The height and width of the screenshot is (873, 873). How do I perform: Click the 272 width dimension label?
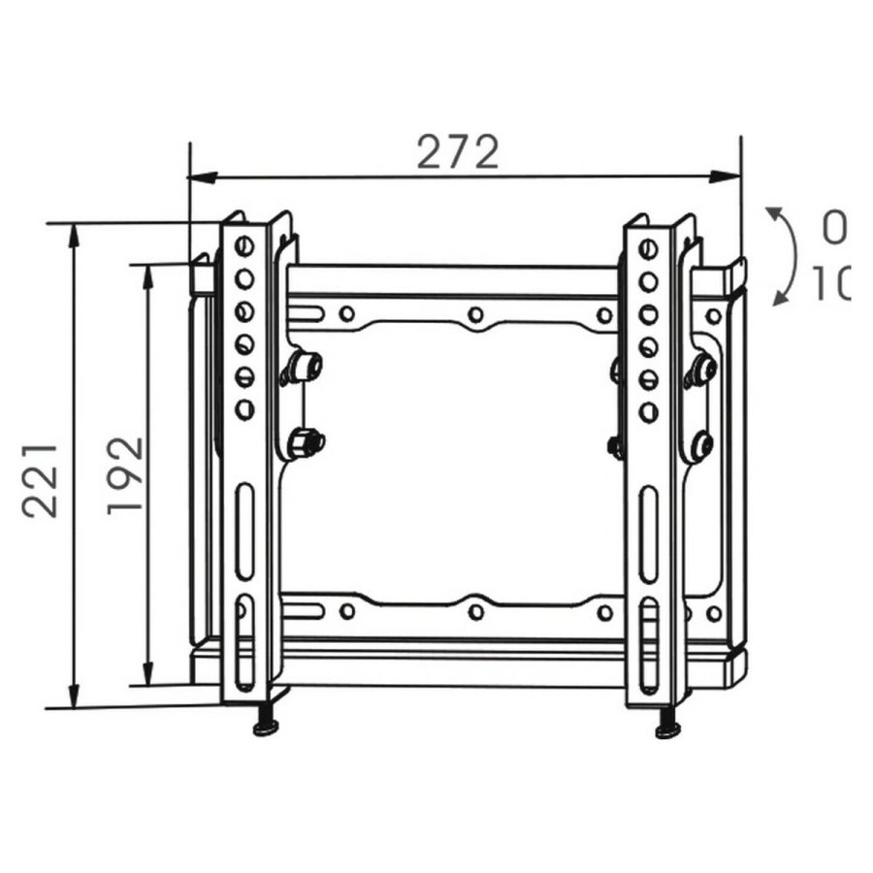(458, 152)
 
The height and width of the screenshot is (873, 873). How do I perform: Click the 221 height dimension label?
(40, 480)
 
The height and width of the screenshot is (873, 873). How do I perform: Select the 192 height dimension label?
(124, 475)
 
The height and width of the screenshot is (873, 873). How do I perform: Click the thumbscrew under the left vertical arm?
(265, 726)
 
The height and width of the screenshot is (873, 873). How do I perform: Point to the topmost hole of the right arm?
(648, 249)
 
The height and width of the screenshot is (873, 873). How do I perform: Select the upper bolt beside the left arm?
(308, 365)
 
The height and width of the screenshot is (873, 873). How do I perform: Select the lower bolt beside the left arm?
(309, 442)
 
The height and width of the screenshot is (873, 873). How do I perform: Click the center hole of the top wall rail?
(475, 314)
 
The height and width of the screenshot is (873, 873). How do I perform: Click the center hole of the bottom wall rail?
(475, 612)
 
